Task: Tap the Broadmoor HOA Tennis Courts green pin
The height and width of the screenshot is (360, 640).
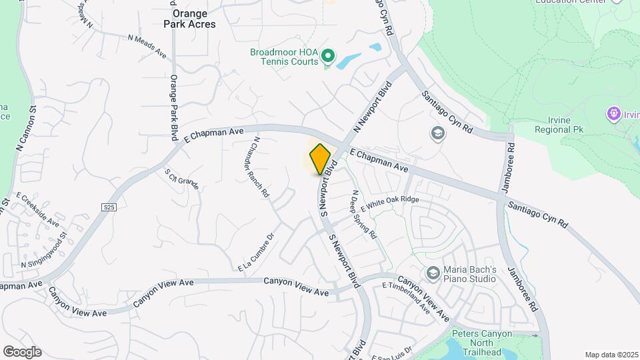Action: pos(327,55)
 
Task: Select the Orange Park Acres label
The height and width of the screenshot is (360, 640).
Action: pos(190,19)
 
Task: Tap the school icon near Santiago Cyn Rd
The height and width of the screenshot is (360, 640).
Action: pos(438,133)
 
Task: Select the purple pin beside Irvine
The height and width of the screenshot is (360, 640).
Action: pos(613,114)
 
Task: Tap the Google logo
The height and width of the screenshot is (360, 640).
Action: pos(22,352)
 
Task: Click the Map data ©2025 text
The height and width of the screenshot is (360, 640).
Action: pos(611,355)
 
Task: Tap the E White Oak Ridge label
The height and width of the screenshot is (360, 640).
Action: pos(392,202)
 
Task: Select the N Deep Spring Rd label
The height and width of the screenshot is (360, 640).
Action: pos(364,215)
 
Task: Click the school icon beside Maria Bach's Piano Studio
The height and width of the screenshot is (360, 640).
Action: pos(433,273)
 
